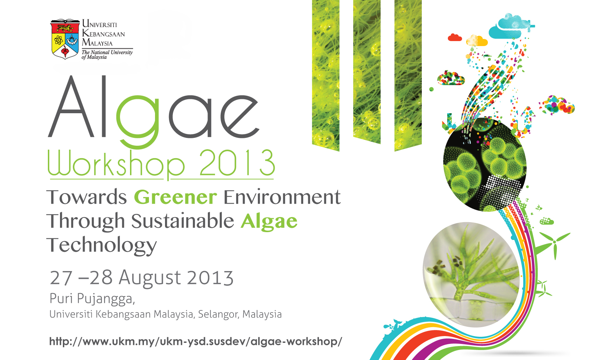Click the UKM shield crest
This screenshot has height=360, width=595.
(x=65, y=39)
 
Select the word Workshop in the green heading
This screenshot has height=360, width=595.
(x=116, y=164)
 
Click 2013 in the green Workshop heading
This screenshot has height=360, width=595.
(x=237, y=162)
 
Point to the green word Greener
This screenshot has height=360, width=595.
(x=175, y=197)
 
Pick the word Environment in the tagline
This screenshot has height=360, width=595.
(x=282, y=197)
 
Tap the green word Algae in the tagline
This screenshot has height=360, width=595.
(x=269, y=221)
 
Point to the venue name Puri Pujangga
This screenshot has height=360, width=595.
(x=92, y=299)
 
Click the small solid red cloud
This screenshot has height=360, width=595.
(x=455, y=37)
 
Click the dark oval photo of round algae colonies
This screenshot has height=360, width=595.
(x=485, y=165)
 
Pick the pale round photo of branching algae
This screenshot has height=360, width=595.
(x=471, y=275)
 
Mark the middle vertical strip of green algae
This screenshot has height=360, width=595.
(x=367, y=72)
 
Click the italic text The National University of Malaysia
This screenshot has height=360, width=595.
(x=107, y=55)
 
